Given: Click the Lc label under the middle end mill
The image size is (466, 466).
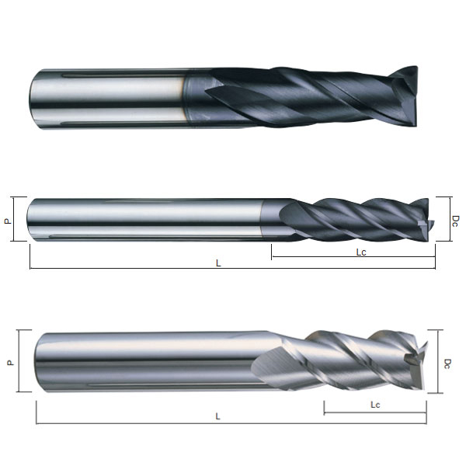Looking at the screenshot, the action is [x=361, y=252].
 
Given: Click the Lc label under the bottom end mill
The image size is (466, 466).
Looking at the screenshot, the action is [x=375, y=405].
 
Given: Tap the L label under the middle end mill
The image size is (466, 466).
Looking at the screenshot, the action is [x=218, y=263].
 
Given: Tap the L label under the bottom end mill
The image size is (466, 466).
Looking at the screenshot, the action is [x=217, y=416].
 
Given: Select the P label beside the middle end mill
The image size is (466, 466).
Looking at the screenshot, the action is [x=8, y=221].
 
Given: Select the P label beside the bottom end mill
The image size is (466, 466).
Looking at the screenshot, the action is [x=11, y=363].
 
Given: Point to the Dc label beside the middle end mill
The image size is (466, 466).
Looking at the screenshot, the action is [x=454, y=221].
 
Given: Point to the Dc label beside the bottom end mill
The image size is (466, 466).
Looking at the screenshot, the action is [x=447, y=363].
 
